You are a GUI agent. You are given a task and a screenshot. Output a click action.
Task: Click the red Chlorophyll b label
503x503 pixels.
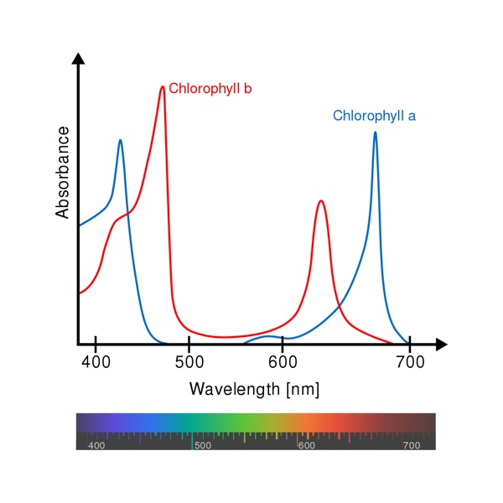210,88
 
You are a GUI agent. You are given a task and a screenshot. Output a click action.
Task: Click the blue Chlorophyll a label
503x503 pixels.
374,116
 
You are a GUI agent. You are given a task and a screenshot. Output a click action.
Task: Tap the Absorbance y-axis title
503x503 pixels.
63,173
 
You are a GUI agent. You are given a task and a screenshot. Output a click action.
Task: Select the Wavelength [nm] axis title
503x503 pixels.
254,389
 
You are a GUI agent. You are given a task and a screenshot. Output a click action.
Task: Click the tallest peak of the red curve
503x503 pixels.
162,86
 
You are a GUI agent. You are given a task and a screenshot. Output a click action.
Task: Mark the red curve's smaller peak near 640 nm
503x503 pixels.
320,201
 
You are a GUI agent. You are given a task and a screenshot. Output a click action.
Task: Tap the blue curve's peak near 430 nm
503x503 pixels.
120,140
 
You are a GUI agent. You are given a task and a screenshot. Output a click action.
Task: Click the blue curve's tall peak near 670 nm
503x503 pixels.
375,132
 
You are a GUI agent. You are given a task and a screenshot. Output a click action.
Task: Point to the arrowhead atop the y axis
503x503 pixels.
79,59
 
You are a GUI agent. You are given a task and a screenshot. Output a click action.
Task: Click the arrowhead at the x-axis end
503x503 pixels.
442,344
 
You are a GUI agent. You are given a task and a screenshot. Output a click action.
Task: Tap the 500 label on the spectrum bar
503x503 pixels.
202,446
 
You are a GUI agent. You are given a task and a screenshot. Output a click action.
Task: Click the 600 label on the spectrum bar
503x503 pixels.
306,446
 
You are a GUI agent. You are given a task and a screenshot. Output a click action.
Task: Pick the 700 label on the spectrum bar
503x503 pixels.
412,446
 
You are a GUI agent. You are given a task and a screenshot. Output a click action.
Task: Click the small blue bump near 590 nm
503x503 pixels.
268,336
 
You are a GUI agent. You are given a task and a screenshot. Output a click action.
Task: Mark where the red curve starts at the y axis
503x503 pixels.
80,293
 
